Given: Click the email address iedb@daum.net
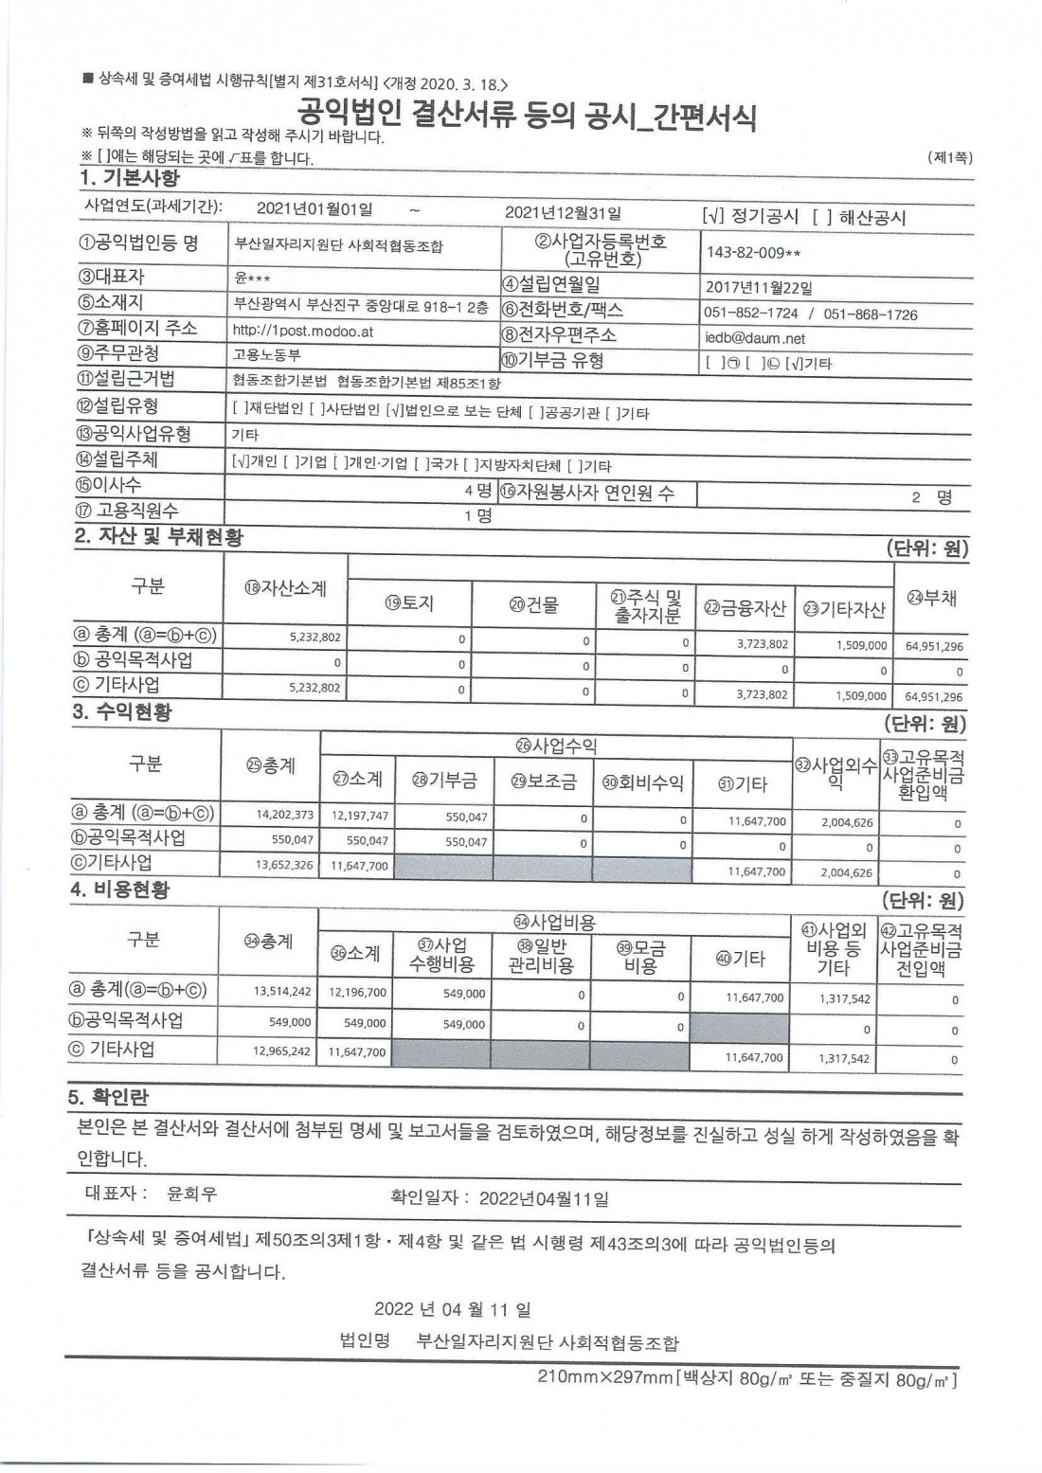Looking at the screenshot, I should [x=754, y=338].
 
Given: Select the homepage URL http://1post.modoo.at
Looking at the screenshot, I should [x=303, y=331].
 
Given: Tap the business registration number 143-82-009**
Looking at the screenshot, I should [x=754, y=252].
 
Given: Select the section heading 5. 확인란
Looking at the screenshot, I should [x=108, y=1097].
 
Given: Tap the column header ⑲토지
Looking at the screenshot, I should [x=409, y=603].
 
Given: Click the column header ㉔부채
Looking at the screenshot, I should [x=932, y=598].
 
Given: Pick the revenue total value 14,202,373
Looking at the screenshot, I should [x=284, y=814].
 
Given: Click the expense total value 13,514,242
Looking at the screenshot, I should [x=282, y=992].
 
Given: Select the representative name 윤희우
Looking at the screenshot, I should [x=192, y=1194].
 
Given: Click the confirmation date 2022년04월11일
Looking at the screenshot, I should [x=543, y=1198].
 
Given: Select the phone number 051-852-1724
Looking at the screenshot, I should [x=750, y=314].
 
